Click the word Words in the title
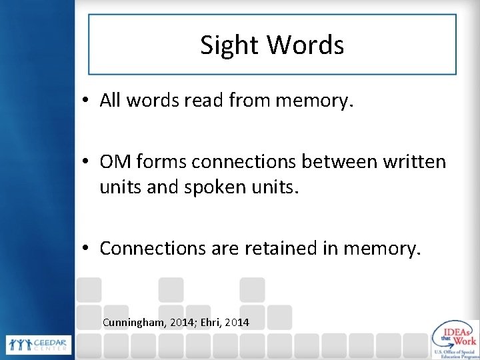306,45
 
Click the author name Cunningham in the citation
135,323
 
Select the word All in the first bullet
109,101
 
